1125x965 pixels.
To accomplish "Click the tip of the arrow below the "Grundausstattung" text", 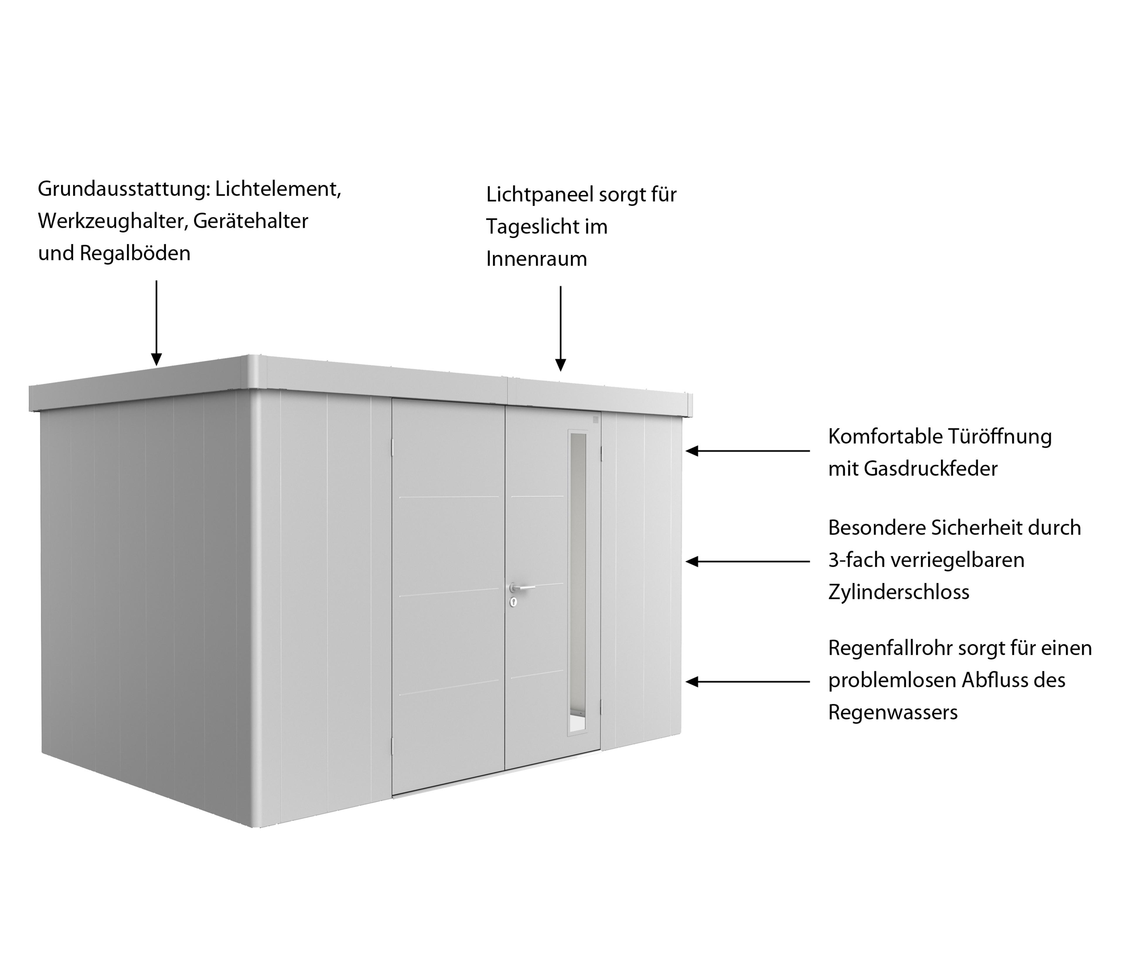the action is coord(156,365).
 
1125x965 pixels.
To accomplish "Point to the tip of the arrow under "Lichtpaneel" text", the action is coord(560,371).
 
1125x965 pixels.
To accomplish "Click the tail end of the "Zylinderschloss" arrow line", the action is coord(809,561).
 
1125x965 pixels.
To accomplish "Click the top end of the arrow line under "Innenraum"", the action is coord(560,287).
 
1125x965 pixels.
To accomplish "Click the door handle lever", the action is coord(522,587).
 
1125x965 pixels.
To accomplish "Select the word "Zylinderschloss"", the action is coord(899,592).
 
